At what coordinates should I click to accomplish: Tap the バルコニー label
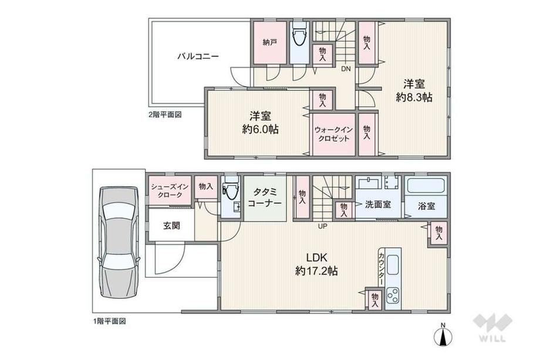[x=198, y=56]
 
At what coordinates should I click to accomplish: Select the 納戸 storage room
[x=271, y=43]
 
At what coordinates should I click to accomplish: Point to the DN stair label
[x=346, y=69]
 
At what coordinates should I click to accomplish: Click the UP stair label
[x=323, y=226]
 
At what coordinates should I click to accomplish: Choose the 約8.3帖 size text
[x=414, y=97]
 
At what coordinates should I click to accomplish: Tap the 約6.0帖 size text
[x=261, y=129]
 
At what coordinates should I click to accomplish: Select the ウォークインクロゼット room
[x=334, y=134]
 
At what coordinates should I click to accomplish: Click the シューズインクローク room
[x=170, y=190]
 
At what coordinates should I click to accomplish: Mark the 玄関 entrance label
[x=171, y=226]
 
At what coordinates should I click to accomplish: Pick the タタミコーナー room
[x=265, y=198]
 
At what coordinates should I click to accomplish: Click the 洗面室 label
[x=378, y=204]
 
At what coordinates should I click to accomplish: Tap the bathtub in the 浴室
[x=426, y=186]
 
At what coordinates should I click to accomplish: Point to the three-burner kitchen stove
[x=393, y=295]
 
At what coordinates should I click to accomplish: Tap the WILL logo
[x=493, y=328]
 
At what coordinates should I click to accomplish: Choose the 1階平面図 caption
[x=110, y=321]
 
